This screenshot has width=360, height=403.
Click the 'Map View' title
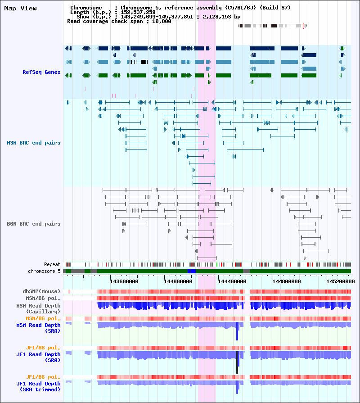pyautogui.click(x=20, y=9)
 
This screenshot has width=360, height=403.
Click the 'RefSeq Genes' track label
pyautogui.click(x=41, y=72)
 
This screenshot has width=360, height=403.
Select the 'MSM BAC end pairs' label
pyautogui.click(x=34, y=143)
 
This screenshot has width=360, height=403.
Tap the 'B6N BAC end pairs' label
pyautogui.click(x=34, y=224)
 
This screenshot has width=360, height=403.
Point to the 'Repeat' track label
pyautogui.click(x=52, y=264)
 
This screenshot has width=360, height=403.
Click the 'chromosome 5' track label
pyautogui.click(x=44, y=271)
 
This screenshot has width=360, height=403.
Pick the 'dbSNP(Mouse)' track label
pyautogui.click(x=41, y=291)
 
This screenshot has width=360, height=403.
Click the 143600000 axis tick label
pyautogui.click(x=124, y=281)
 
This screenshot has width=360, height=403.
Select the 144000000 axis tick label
pyautogui.click(x=178, y=281)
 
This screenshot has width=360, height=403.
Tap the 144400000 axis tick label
pyautogui.click(x=232, y=281)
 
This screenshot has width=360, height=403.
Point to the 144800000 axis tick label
pyautogui.click(x=286, y=281)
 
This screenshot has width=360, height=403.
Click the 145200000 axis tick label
pyautogui.click(x=341, y=281)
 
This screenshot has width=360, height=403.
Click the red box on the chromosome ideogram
pyautogui.click(x=303, y=26)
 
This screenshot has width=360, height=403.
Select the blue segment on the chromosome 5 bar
pyautogui.click(x=192, y=271)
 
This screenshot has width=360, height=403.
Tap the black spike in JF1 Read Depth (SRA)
pyautogui.click(x=237, y=362)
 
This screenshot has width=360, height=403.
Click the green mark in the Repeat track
pyautogui.click(x=217, y=264)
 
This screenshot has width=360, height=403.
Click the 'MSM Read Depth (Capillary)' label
pyautogui.click(x=38, y=309)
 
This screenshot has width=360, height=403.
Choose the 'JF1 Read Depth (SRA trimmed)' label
pyautogui.click(x=38, y=386)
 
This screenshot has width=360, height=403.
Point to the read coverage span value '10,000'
pyautogui.click(x=162, y=21)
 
